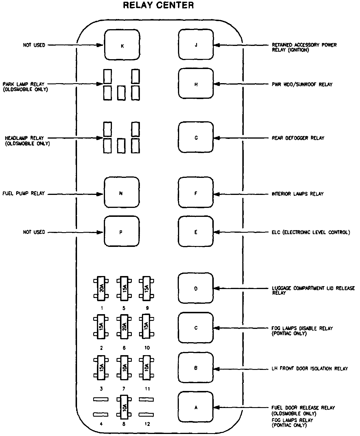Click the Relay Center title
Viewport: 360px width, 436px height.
coord(158,5)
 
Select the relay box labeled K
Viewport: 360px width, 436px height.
coord(122,45)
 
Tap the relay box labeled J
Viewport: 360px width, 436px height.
coord(196,45)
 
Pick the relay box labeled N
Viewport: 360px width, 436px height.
coord(121,192)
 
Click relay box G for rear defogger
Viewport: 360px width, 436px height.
coord(196,137)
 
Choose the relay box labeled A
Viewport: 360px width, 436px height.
coord(196,407)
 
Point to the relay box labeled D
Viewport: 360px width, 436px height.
coord(196,288)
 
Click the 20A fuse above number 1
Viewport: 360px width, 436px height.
coord(101,288)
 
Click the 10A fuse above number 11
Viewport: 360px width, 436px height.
coord(147,368)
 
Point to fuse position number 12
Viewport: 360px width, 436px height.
coord(147,424)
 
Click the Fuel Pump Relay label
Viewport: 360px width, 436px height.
coord(24,193)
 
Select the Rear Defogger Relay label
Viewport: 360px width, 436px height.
coord(298,138)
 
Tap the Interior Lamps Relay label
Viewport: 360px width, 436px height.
coord(298,194)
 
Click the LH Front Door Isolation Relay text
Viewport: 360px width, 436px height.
coord(310,368)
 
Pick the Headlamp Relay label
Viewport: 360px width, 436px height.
coord(27,141)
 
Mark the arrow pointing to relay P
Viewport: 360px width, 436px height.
coord(75,232)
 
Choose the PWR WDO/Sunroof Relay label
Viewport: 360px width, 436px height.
coord(302,84)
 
